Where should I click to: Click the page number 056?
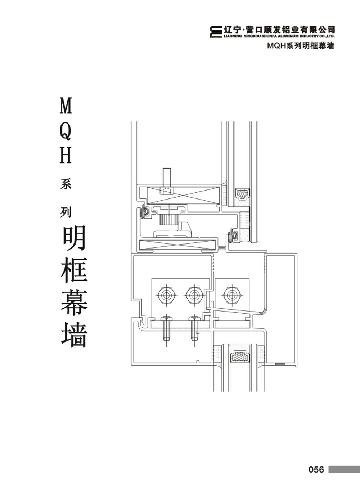(x=316, y=470)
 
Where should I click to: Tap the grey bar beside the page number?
(x=344, y=470)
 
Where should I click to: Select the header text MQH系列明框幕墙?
(x=301, y=46)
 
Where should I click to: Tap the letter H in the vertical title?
(x=66, y=156)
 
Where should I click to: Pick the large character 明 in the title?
(x=74, y=238)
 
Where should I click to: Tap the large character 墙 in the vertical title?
(x=74, y=334)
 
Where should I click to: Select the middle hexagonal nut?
(x=194, y=295)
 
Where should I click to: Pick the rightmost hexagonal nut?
(x=231, y=295)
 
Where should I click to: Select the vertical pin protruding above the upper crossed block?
(x=167, y=177)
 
